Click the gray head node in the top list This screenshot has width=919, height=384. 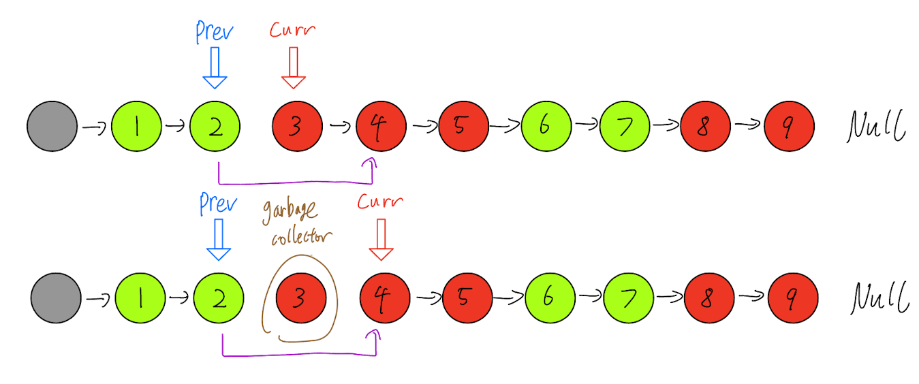(52, 126)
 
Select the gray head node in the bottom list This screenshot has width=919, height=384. (56, 298)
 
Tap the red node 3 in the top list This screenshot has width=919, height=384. (297, 127)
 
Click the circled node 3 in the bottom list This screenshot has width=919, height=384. (300, 298)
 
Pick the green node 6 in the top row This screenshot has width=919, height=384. (546, 127)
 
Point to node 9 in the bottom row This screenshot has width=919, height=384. (793, 298)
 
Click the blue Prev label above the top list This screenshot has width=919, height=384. (215, 31)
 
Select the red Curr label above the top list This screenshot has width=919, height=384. (293, 31)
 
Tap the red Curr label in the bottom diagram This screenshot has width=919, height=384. (380, 202)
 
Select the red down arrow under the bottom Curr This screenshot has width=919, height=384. (381, 238)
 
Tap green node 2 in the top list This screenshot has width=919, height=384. (215, 127)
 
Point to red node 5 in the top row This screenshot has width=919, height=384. (463, 127)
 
